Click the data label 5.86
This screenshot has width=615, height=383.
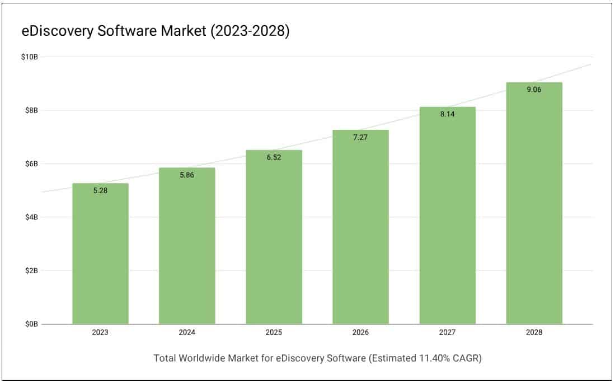[187, 175]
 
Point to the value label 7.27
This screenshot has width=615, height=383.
[360, 137]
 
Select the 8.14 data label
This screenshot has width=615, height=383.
[447, 114]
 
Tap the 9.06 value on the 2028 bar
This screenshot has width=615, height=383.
[534, 90]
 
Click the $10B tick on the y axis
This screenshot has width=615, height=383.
[29, 57]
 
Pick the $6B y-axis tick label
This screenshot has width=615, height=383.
[31, 164]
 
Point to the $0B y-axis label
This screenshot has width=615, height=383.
[31, 324]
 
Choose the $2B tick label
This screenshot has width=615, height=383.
[31, 271]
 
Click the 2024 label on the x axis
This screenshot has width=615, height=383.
[187, 332]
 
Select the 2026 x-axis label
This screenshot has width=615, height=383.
[360, 332]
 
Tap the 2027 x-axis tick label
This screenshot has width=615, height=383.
[447, 332]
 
